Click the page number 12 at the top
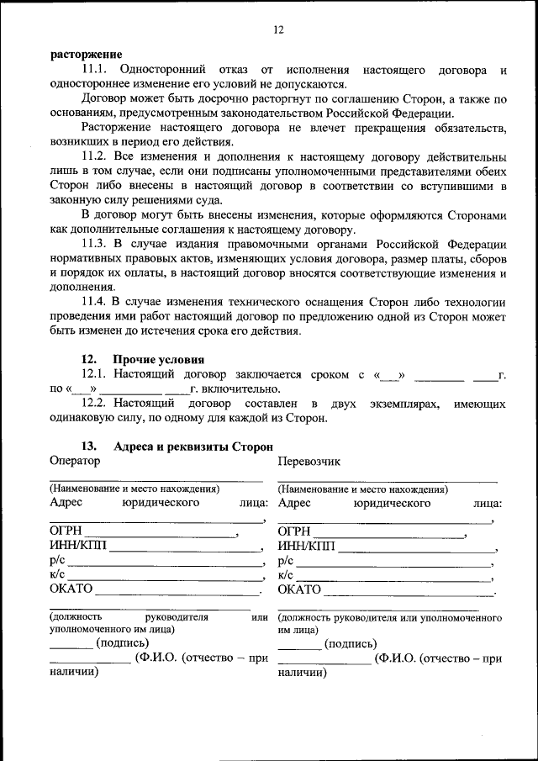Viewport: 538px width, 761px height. click(278, 30)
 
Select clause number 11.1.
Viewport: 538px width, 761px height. click(95, 70)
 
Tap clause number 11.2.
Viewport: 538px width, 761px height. click(95, 157)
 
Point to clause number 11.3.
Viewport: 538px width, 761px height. click(95, 244)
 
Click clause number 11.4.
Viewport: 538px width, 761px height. click(95, 302)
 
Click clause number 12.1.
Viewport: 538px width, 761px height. click(95, 374)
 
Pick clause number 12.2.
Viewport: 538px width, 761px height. click(95, 404)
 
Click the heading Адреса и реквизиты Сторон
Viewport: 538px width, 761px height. click(193, 447)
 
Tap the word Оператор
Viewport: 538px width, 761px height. click(75, 461)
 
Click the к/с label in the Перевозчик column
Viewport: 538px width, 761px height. click(285, 575)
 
